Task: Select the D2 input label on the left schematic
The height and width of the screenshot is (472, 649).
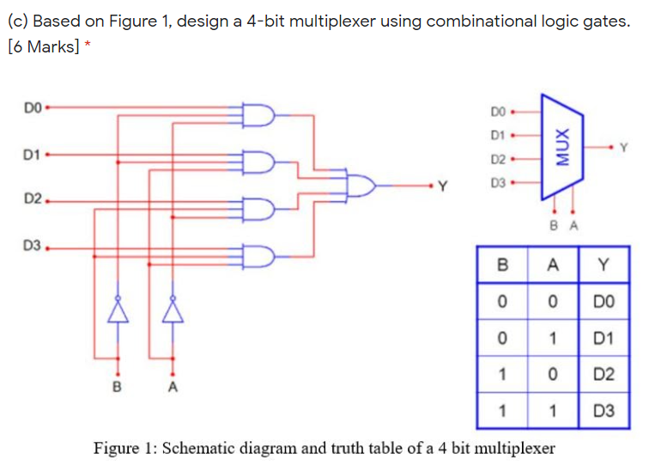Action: (x=33, y=200)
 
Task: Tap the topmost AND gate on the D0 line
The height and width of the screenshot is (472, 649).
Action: (x=259, y=115)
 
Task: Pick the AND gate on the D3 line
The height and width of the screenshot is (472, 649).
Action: (x=259, y=255)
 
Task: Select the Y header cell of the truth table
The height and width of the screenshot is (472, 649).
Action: (x=604, y=266)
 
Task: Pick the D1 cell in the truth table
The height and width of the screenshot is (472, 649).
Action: (x=604, y=338)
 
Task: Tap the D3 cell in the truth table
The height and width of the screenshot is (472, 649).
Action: (x=604, y=411)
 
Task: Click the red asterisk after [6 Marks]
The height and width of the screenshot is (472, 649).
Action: (x=88, y=46)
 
